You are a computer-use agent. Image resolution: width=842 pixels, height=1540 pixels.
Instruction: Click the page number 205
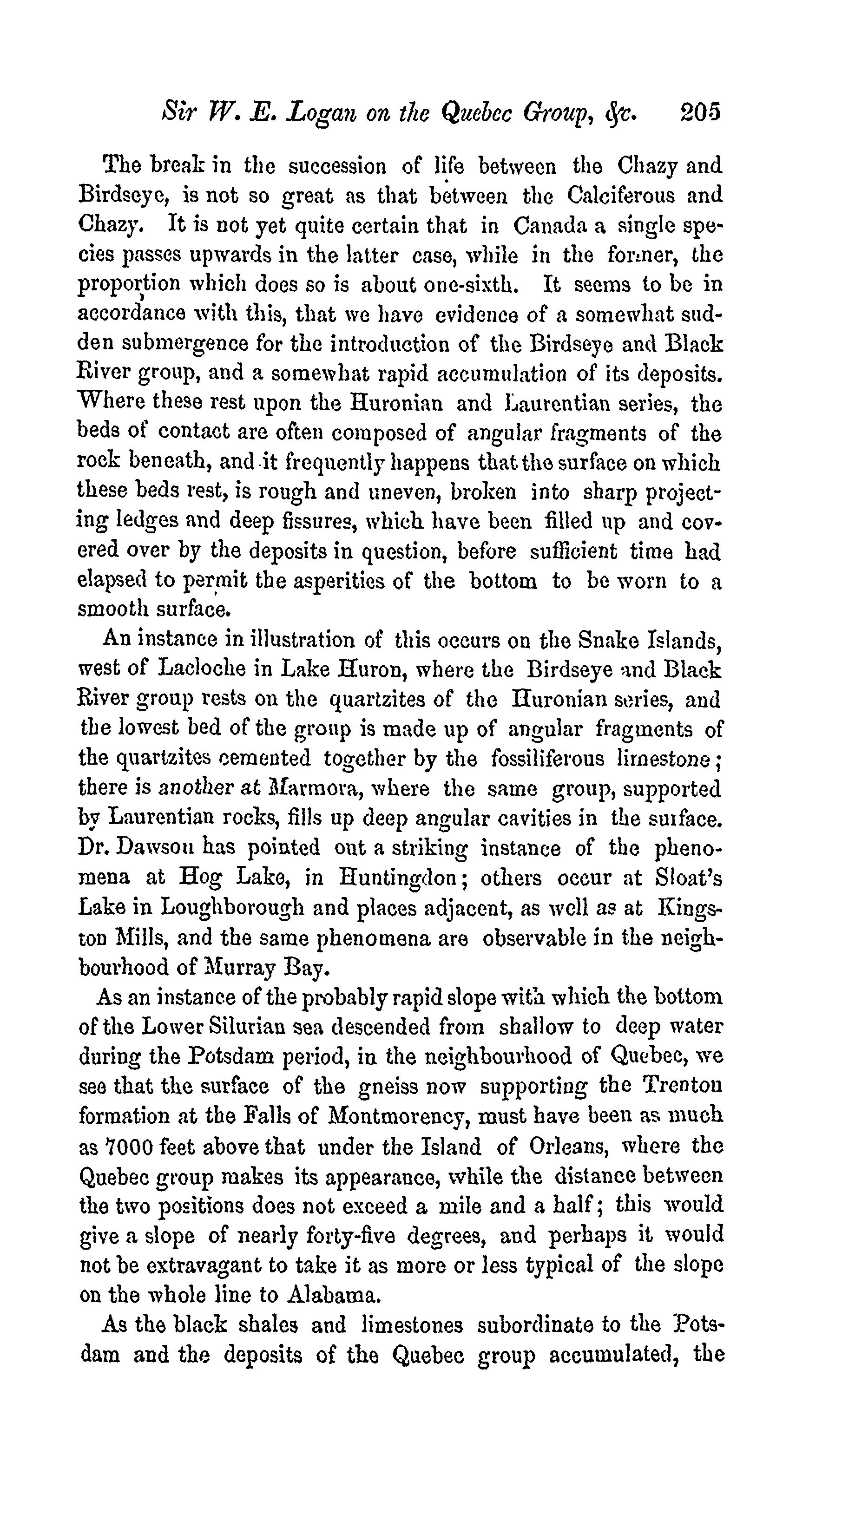(x=700, y=112)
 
